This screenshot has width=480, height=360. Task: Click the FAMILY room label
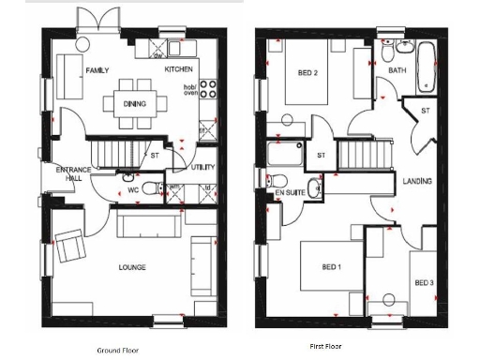[x=97, y=70]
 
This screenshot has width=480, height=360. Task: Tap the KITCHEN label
[x=179, y=69]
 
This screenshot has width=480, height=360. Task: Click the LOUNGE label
[x=132, y=267]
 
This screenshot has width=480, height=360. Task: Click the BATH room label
[x=397, y=70]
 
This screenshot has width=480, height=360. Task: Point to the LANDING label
[x=416, y=181]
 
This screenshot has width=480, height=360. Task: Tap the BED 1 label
[x=331, y=267]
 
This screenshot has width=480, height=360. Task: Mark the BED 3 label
[x=424, y=282]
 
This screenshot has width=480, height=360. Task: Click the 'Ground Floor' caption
[x=118, y=349]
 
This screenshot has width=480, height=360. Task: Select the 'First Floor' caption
[x=327, y=346]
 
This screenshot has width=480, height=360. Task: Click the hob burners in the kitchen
[x=210, y=91]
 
